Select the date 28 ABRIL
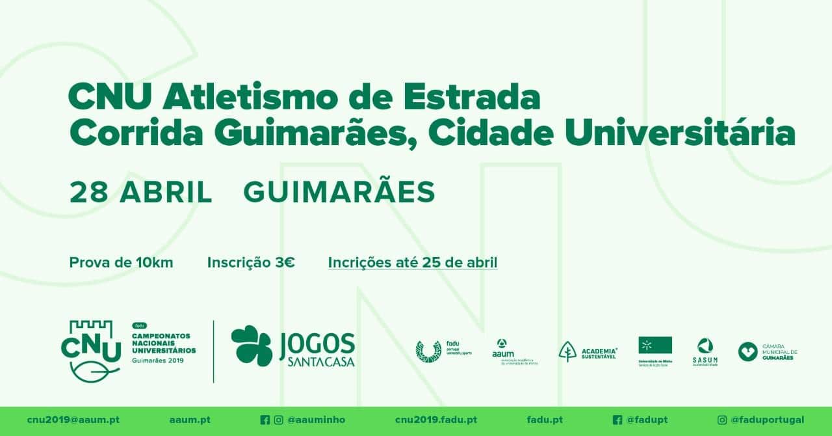coord(141,193)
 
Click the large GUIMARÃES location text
coord(339,193)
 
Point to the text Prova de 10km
coord(121,263)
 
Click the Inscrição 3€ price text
coord(251,263)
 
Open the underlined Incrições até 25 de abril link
coord(413,263)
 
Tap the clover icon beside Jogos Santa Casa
coord(252,346)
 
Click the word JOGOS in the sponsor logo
coord(317,343)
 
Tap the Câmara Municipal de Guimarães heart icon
coord(747,351)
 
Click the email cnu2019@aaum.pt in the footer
coord(73,420)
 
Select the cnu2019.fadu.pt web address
coord(435,420)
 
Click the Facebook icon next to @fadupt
coord(617,420)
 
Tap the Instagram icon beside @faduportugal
coord(721,420)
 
